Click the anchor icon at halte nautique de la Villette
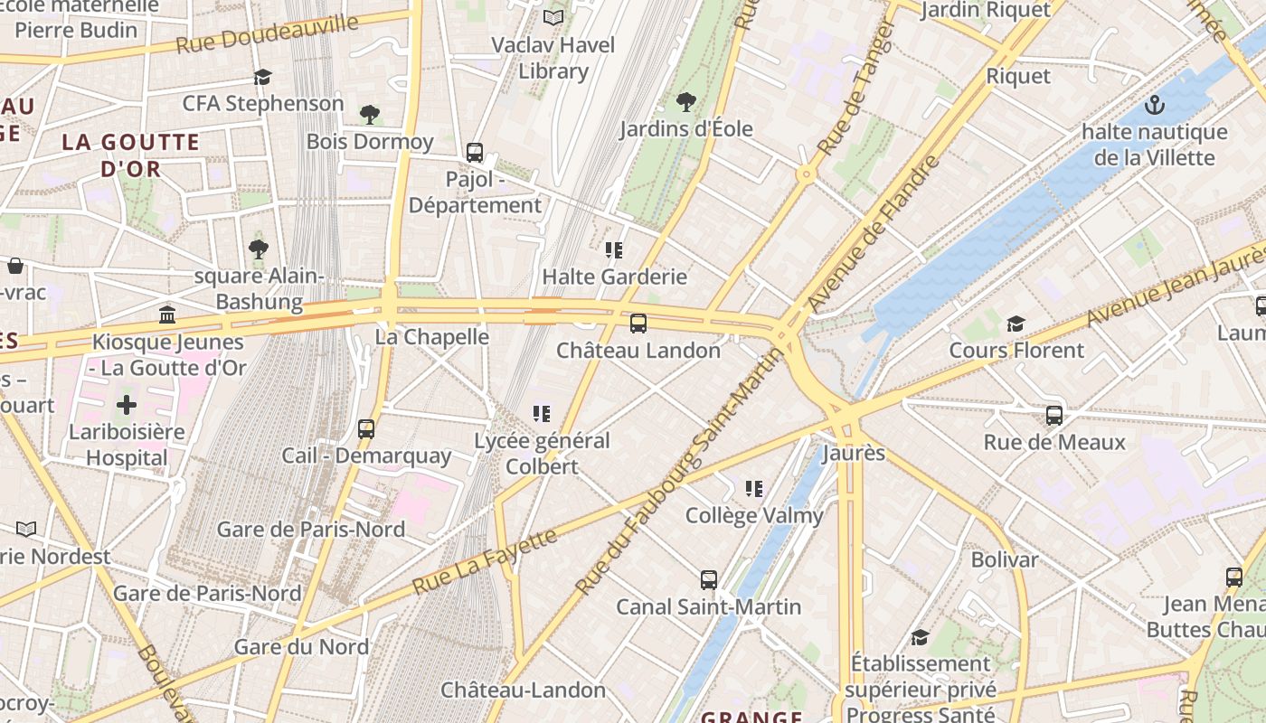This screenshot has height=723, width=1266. [x=1154, y=106]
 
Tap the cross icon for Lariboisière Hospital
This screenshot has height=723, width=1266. [x=127, y=404]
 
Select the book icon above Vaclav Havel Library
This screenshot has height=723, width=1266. [x=553, y=17]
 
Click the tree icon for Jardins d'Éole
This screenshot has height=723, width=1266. [x=686, y=101]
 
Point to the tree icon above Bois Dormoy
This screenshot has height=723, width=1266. [x=369, y=114]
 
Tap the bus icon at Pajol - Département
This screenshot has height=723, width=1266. [x=475, y=152]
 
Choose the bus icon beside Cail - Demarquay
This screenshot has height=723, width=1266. [x=366, y=428]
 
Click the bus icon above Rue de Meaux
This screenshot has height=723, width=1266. [x=1054, y=416]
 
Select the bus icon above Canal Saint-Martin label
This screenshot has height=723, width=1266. [x=709, y=579]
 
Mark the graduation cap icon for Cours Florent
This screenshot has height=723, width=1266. [x=1016, y=324]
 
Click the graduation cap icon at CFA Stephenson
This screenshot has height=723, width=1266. [x=263, y=77]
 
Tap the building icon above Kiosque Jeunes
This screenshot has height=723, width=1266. [x=167, y=315]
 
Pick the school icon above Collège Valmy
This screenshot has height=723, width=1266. [x=754, y=489]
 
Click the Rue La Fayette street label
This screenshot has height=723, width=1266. [x=485, y=562]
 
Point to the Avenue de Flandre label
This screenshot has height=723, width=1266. [x=875, y=233]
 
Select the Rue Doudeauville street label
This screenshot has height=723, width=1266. [x=267, y=33]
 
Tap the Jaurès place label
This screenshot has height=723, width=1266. [x=853, y=453]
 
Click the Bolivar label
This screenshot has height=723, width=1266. [x=1005, y=559]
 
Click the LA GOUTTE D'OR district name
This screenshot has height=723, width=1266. [x=131, y=155]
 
